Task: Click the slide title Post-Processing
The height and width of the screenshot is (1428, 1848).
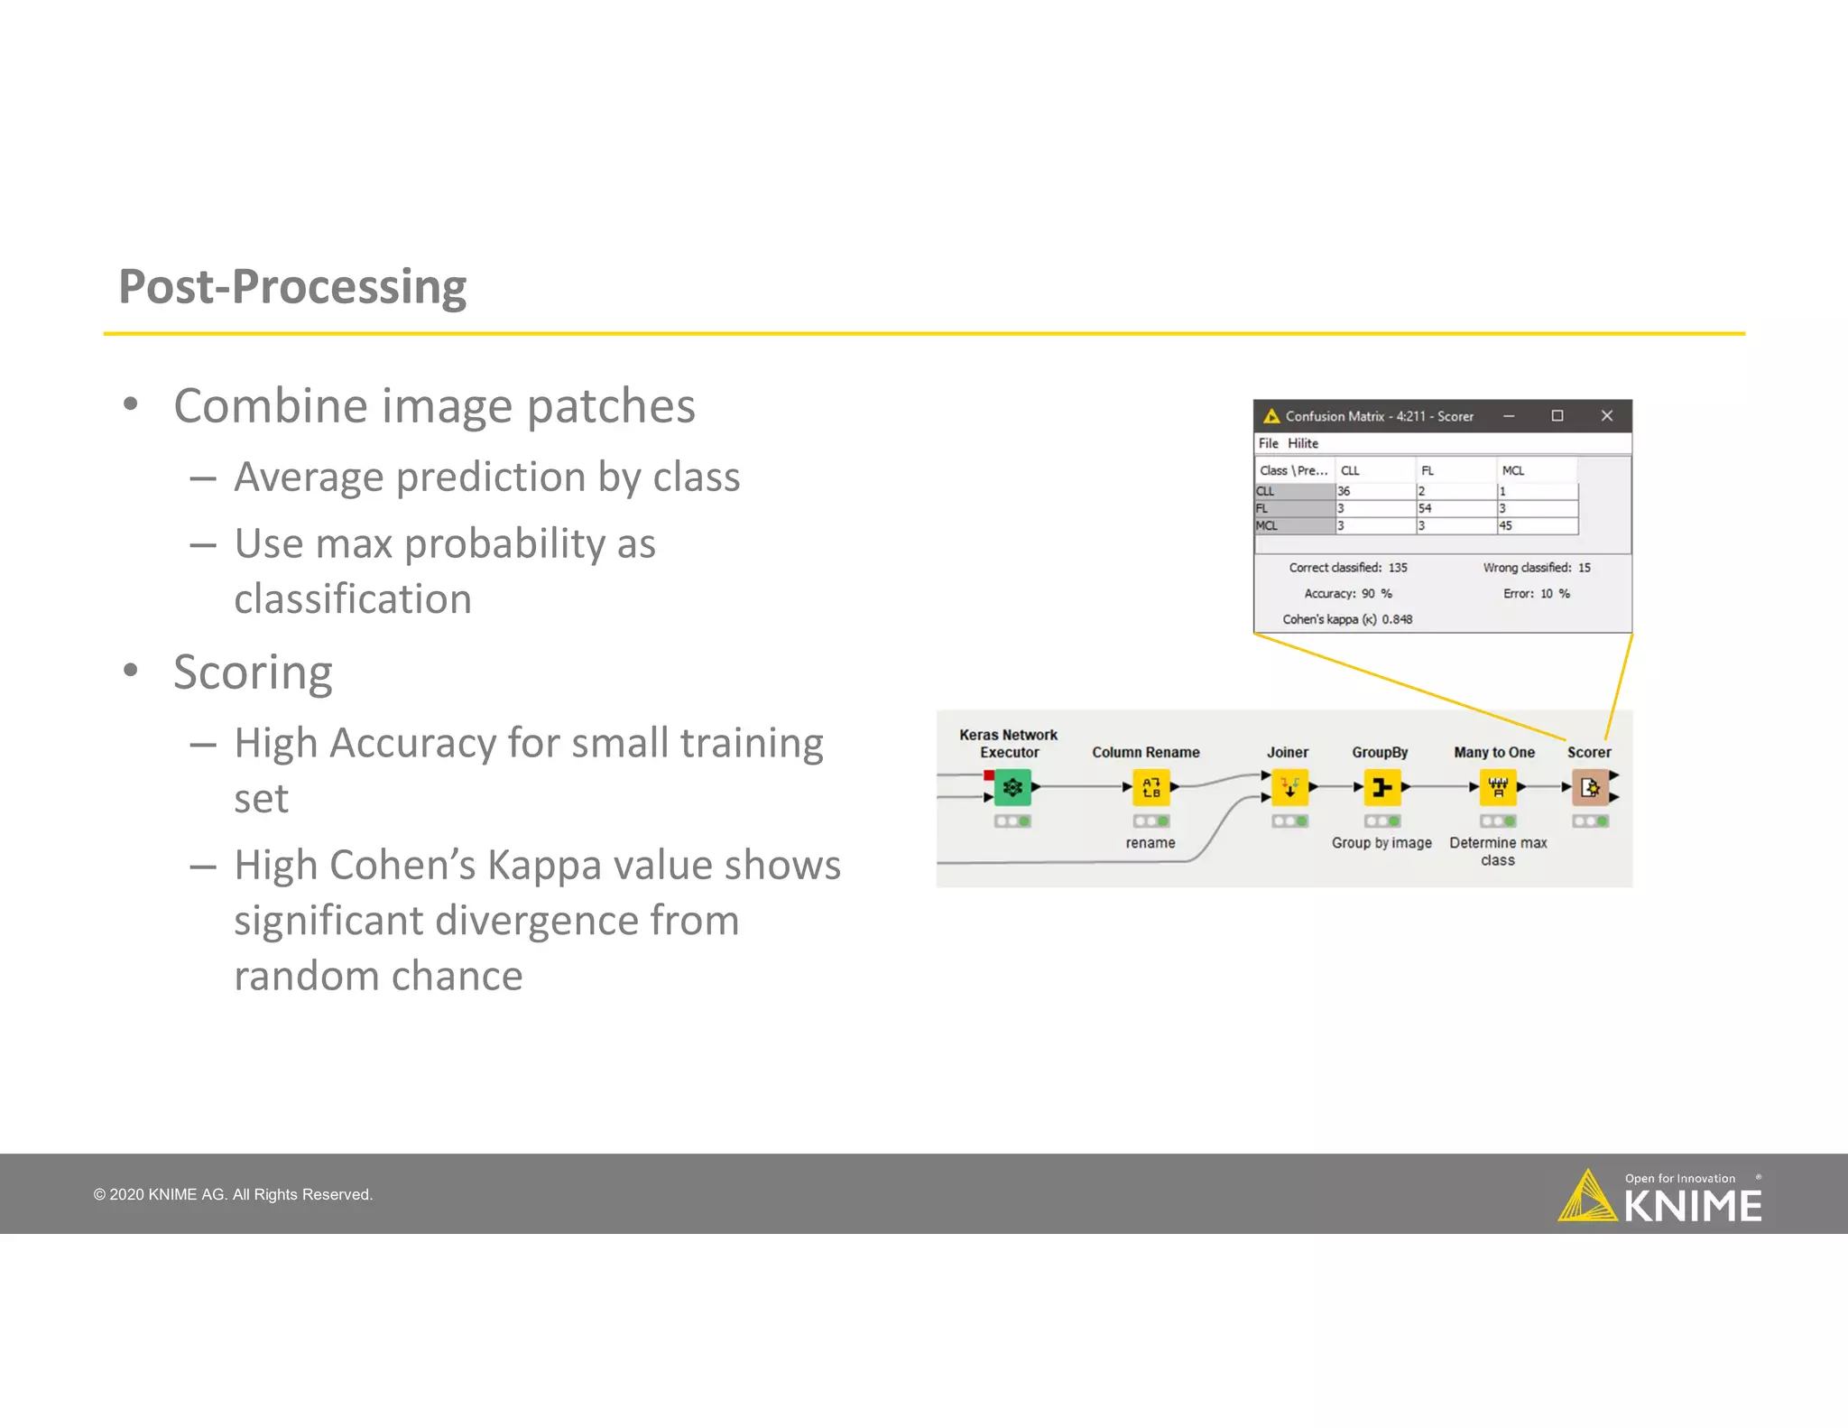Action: [292, 287]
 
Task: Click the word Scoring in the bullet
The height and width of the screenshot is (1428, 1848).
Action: [253, 672]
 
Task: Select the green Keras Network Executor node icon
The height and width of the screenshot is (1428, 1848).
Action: [1012, 788]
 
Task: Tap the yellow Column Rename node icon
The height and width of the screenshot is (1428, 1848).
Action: [1150, 788]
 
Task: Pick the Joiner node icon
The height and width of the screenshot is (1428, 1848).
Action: [1289, 788]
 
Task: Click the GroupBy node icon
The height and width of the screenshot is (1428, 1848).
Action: [1381, 788]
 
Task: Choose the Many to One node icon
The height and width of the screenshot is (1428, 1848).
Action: [1498, 788]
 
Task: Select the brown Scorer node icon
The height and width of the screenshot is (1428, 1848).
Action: [1590, 788]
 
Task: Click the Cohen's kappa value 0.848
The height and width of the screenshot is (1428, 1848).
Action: [1397, 619]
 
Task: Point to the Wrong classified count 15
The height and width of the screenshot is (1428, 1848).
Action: [1585, 568]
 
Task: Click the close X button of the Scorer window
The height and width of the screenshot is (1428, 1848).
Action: [1606, 416]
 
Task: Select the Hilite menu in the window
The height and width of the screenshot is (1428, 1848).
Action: [1302, 443]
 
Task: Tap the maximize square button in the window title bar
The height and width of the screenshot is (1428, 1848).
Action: [1557, 416]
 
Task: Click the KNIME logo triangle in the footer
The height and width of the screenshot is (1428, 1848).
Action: [1586, 1198]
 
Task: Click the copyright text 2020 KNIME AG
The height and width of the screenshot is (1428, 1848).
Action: [233, 1194]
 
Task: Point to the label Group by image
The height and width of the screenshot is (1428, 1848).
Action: [1381, 843]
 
